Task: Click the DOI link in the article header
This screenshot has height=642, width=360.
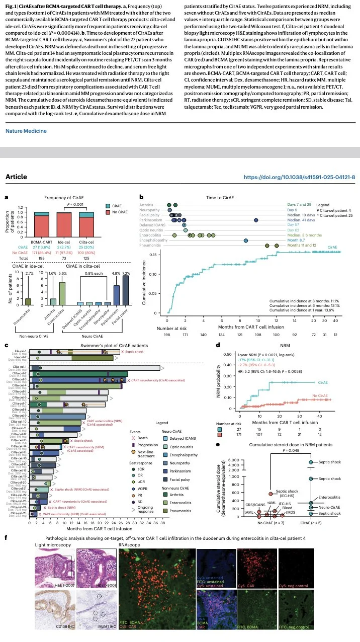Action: [299, 177]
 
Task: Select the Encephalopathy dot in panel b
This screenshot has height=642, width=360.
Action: [245, 240]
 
